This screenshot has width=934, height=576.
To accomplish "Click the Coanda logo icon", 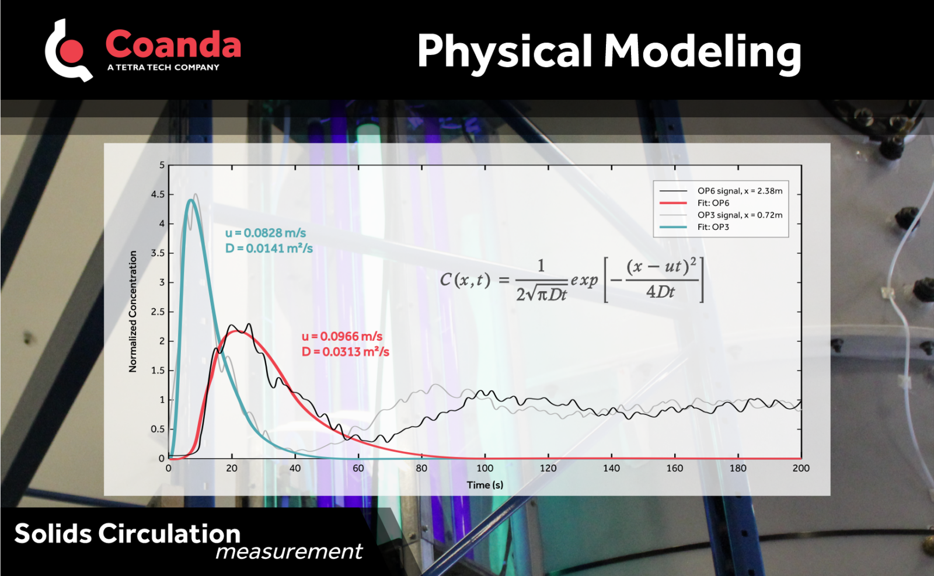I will coord(68,51).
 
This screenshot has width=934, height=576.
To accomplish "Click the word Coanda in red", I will coord(173,44).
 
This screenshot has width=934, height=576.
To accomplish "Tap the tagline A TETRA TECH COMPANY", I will coord(163,68).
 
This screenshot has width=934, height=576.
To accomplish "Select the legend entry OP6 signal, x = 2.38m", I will coord(740,191).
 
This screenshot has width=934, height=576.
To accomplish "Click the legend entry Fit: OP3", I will coord(713,227).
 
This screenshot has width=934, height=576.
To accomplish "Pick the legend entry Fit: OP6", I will coord(713,203).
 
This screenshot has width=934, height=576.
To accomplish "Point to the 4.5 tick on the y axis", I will coord(158,194).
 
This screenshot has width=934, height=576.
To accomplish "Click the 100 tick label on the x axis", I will coord(485,468).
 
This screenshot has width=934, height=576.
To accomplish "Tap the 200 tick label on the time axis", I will coord(800,468).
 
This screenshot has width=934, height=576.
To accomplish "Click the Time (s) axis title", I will coord(485,485).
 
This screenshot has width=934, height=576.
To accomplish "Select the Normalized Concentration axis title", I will coord(133,311).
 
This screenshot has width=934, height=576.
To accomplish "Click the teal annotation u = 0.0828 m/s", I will coord(266,233).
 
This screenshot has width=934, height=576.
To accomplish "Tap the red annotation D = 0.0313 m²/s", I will coord(345,352).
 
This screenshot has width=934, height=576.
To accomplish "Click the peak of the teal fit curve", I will coord(191,200).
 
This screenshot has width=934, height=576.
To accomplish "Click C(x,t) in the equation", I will coord(465,280).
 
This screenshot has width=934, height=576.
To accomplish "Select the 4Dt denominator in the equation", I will coord(660,292).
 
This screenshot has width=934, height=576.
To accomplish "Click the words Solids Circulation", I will coord(127,534).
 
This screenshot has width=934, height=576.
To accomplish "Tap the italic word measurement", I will coord(289,551).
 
